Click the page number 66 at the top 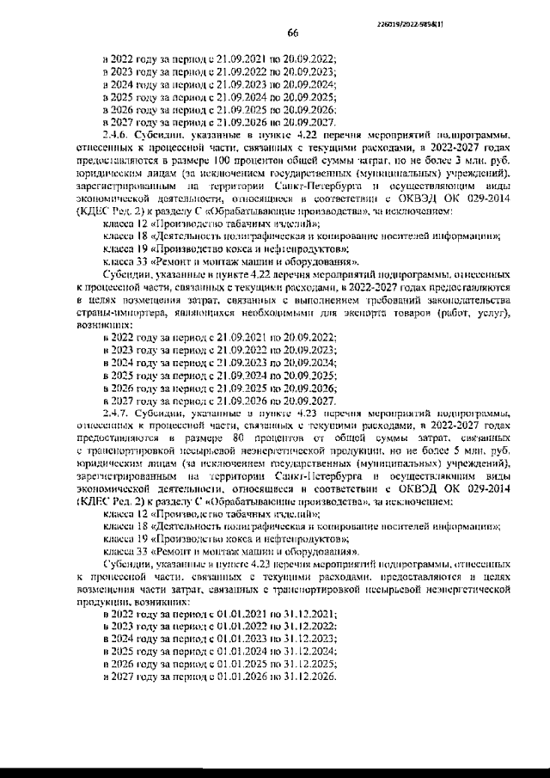[291, 33]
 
